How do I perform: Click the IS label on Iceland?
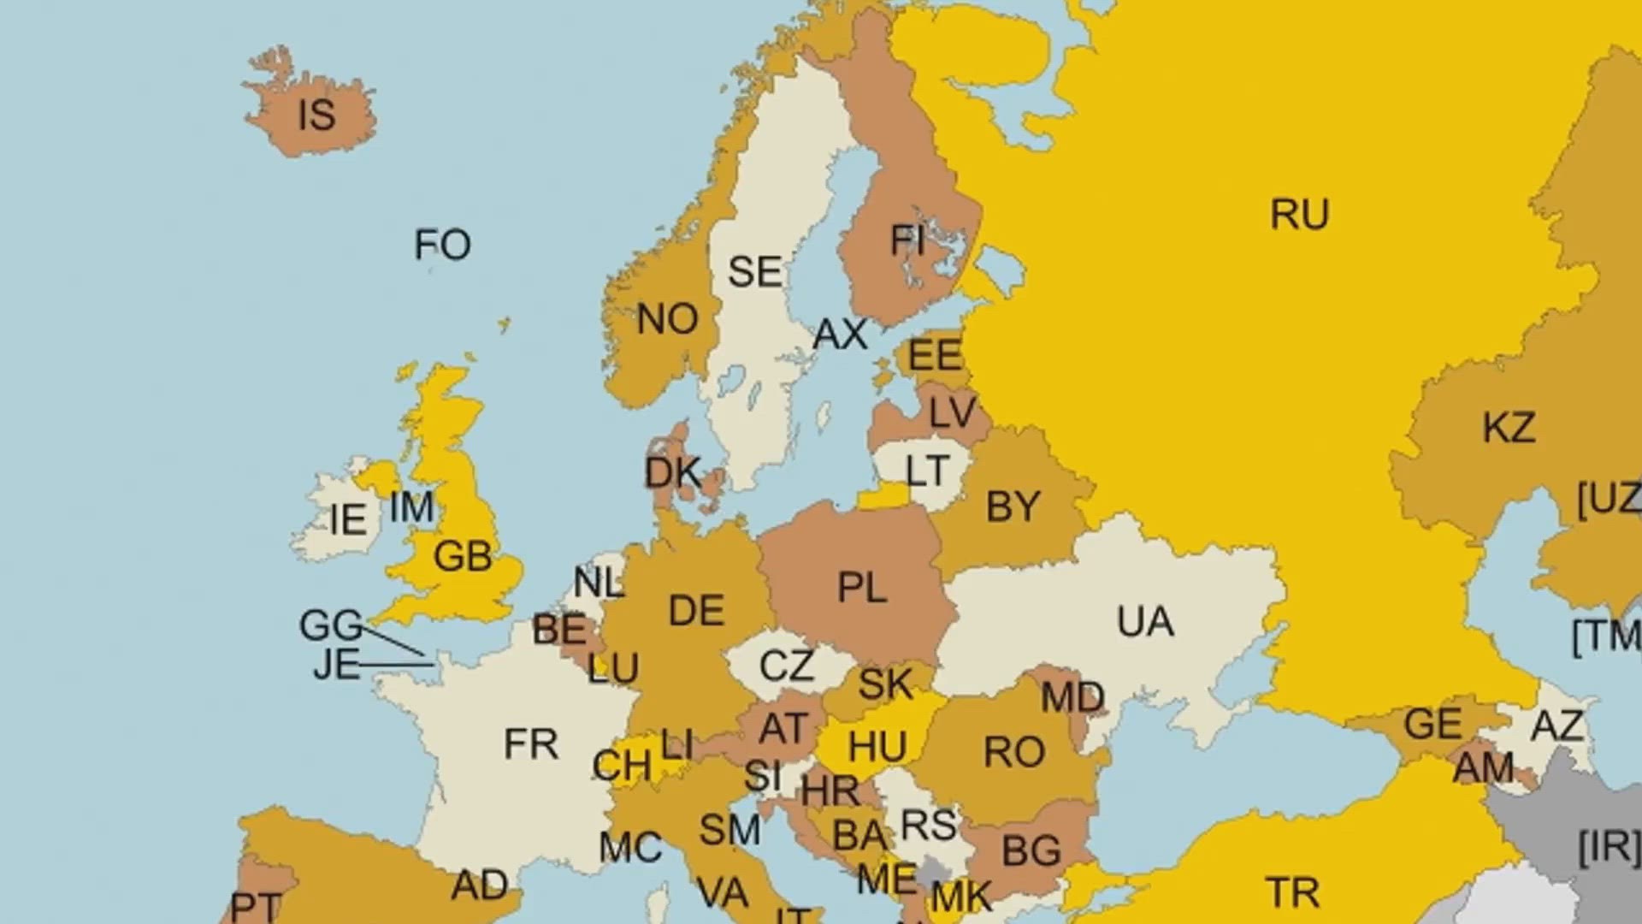click(316, 115)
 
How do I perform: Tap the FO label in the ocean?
click(442, 246)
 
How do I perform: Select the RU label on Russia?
click(1299, 215)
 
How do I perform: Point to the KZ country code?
click(1508, 428)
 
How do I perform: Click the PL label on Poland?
click(861, 589)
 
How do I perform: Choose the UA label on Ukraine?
click(1144, 622)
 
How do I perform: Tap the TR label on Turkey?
click(1292, 893)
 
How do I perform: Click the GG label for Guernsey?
click(330, 625)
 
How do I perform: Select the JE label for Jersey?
click(336, 665)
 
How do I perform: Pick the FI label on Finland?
click(907, 241)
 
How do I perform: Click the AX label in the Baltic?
click(840, 335)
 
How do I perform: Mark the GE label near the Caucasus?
click(1432, 725)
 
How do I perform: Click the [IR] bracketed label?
click(1608, 847)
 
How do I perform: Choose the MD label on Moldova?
click(1072, 698)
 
